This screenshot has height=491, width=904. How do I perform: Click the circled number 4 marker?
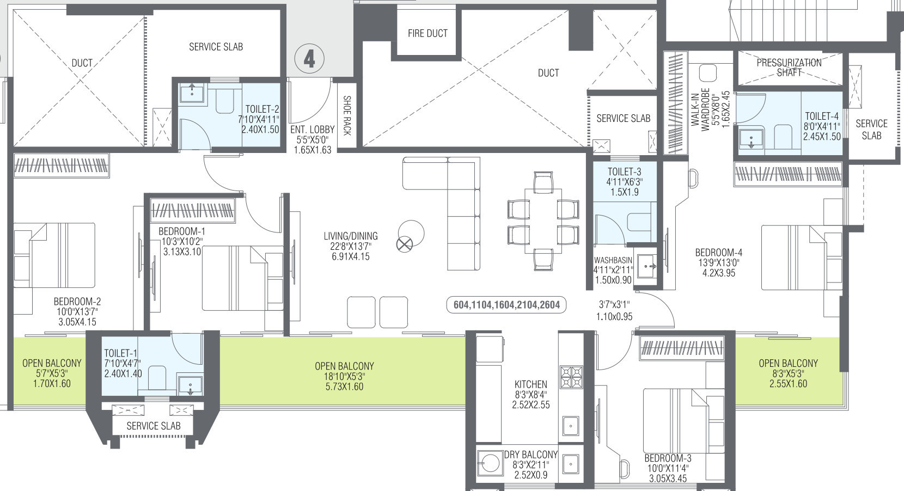pos(309,59)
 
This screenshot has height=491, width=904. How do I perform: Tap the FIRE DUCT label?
pos(427,34)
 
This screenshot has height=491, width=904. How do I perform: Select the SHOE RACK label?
pos(347,115)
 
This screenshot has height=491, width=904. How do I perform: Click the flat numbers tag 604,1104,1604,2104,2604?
pos(506,305)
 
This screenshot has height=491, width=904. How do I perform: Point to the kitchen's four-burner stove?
pos(571,377)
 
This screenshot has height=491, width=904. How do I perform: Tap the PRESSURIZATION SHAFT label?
pos(789,67)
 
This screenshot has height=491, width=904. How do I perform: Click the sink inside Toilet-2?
pos(192,94)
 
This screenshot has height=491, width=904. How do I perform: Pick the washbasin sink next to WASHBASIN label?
pos(647,266)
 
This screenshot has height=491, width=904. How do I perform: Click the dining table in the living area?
pos(543,220)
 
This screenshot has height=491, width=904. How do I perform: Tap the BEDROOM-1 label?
pos(181,231)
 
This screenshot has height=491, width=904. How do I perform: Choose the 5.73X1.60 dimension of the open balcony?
pos(344,386)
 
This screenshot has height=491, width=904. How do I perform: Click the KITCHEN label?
pos(531,384)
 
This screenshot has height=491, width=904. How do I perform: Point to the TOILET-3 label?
pos(624,171)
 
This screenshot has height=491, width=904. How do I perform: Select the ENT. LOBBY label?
pos(313,130)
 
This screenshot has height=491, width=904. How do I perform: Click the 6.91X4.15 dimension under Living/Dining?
pos(351,256)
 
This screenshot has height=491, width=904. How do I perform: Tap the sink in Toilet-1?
pos(190,386)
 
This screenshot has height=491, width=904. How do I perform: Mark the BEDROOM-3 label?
pos(668,458)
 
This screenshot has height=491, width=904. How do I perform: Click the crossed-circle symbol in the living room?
pos(405,244)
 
